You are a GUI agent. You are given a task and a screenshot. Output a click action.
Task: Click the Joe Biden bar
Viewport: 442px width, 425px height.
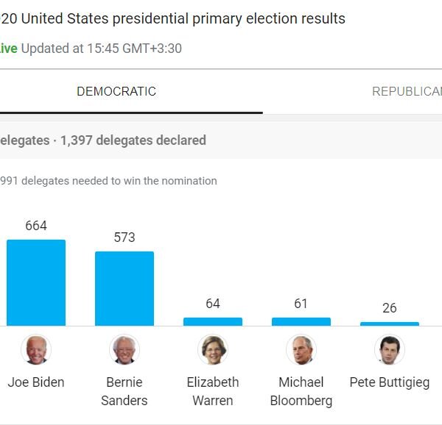tap(36, 282)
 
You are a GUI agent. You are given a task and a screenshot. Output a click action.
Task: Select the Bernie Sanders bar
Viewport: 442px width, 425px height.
tap(124, 288)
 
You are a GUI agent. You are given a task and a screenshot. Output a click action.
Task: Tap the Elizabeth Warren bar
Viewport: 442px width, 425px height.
tap(213, 321)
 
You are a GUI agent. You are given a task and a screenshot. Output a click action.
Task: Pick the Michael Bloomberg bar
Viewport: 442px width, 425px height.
tap(301, 321)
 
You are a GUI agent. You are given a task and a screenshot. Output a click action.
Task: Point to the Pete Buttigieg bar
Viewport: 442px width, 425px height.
tap(390, 324)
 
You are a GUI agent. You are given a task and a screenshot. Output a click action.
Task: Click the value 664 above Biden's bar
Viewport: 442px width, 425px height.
tap(36, 226)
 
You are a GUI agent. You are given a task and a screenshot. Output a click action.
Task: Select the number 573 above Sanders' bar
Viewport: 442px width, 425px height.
tap(124, 238)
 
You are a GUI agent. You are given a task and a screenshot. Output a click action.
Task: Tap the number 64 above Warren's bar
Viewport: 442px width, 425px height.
tap(213, 304)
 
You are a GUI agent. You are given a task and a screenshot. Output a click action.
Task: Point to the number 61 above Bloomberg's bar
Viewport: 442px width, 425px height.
tap(301, 304)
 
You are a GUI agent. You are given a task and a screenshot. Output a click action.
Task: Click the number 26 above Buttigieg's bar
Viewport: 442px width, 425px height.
tap(390, 308)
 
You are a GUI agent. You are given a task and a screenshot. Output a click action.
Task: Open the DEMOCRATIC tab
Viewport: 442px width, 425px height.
tap(116, 92)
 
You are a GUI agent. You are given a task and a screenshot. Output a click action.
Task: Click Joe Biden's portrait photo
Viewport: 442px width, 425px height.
tap(36, 350)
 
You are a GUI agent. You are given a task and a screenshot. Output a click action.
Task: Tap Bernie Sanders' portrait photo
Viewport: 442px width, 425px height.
tap(124, 350)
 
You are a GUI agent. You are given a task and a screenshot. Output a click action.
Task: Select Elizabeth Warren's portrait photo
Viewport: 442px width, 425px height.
tap(213, 350)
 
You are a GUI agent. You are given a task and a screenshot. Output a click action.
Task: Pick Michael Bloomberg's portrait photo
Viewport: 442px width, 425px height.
tap(301, 350)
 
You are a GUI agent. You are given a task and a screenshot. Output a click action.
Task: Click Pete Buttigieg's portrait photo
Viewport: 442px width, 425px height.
tap(390, 350)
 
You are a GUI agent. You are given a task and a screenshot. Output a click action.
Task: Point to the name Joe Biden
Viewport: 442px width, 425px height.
tap(36, 382)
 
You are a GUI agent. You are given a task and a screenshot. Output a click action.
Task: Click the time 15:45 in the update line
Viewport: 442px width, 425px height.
tap(100, 49)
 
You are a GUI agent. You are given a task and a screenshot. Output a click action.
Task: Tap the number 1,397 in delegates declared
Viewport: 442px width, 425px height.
tap(77, 140)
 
